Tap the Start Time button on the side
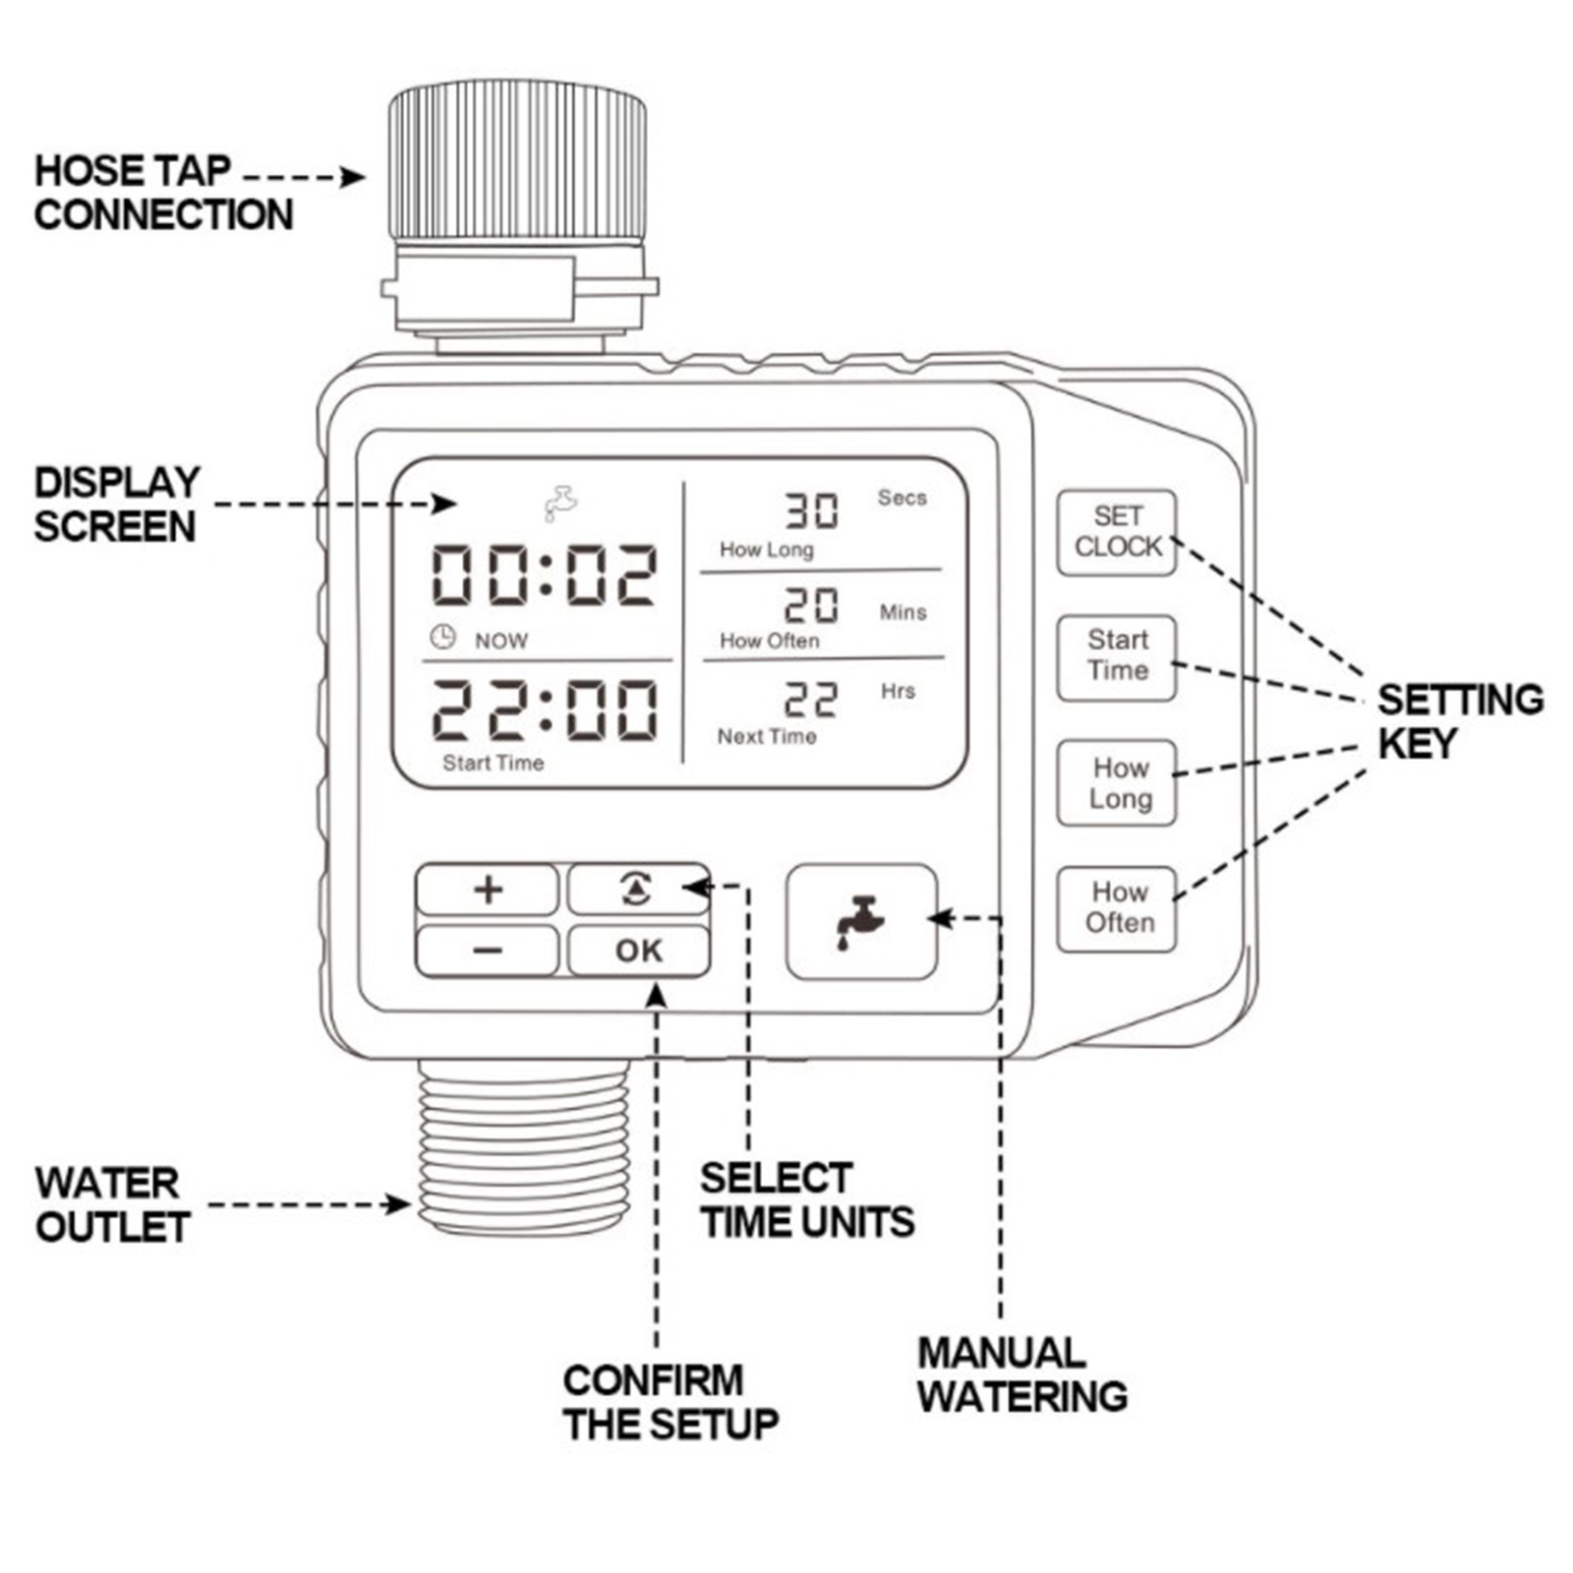[1117, 657]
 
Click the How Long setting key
[1118, 783]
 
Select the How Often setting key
[1118, 908]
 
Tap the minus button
[488, 951]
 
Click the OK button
[639, 951]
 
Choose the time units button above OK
[638, 890]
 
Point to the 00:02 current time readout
[544, 576]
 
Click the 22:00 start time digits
[544, 709]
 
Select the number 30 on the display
[811, 510]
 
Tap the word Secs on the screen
[902, 497]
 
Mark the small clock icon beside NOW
[443, 637]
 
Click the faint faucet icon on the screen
[561, 502]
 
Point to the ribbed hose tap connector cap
[517, 162]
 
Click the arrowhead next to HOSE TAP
[353, 177]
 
